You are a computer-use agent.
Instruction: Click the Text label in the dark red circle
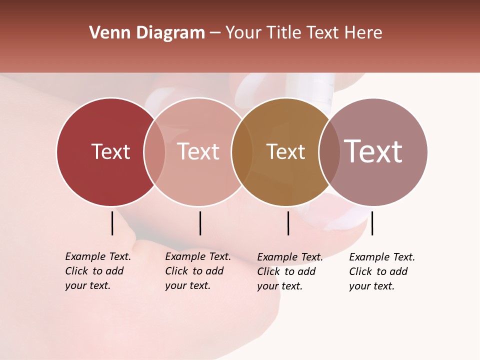(110, 151)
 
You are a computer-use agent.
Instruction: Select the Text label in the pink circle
(198, 151)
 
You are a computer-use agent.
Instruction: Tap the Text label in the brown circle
(285, 152)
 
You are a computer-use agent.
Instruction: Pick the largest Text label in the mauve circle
(373, 151)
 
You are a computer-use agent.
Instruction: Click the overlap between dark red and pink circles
(154, 152)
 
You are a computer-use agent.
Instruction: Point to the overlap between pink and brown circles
(242, 152)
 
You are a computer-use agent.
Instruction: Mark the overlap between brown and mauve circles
(329, 152)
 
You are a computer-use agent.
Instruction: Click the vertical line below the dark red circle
(112, 223)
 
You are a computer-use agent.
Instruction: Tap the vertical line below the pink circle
(200, 223)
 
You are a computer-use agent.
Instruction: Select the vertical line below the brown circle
(288, 223)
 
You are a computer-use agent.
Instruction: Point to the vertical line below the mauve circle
(372, 223)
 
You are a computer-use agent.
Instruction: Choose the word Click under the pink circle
(176, 271)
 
